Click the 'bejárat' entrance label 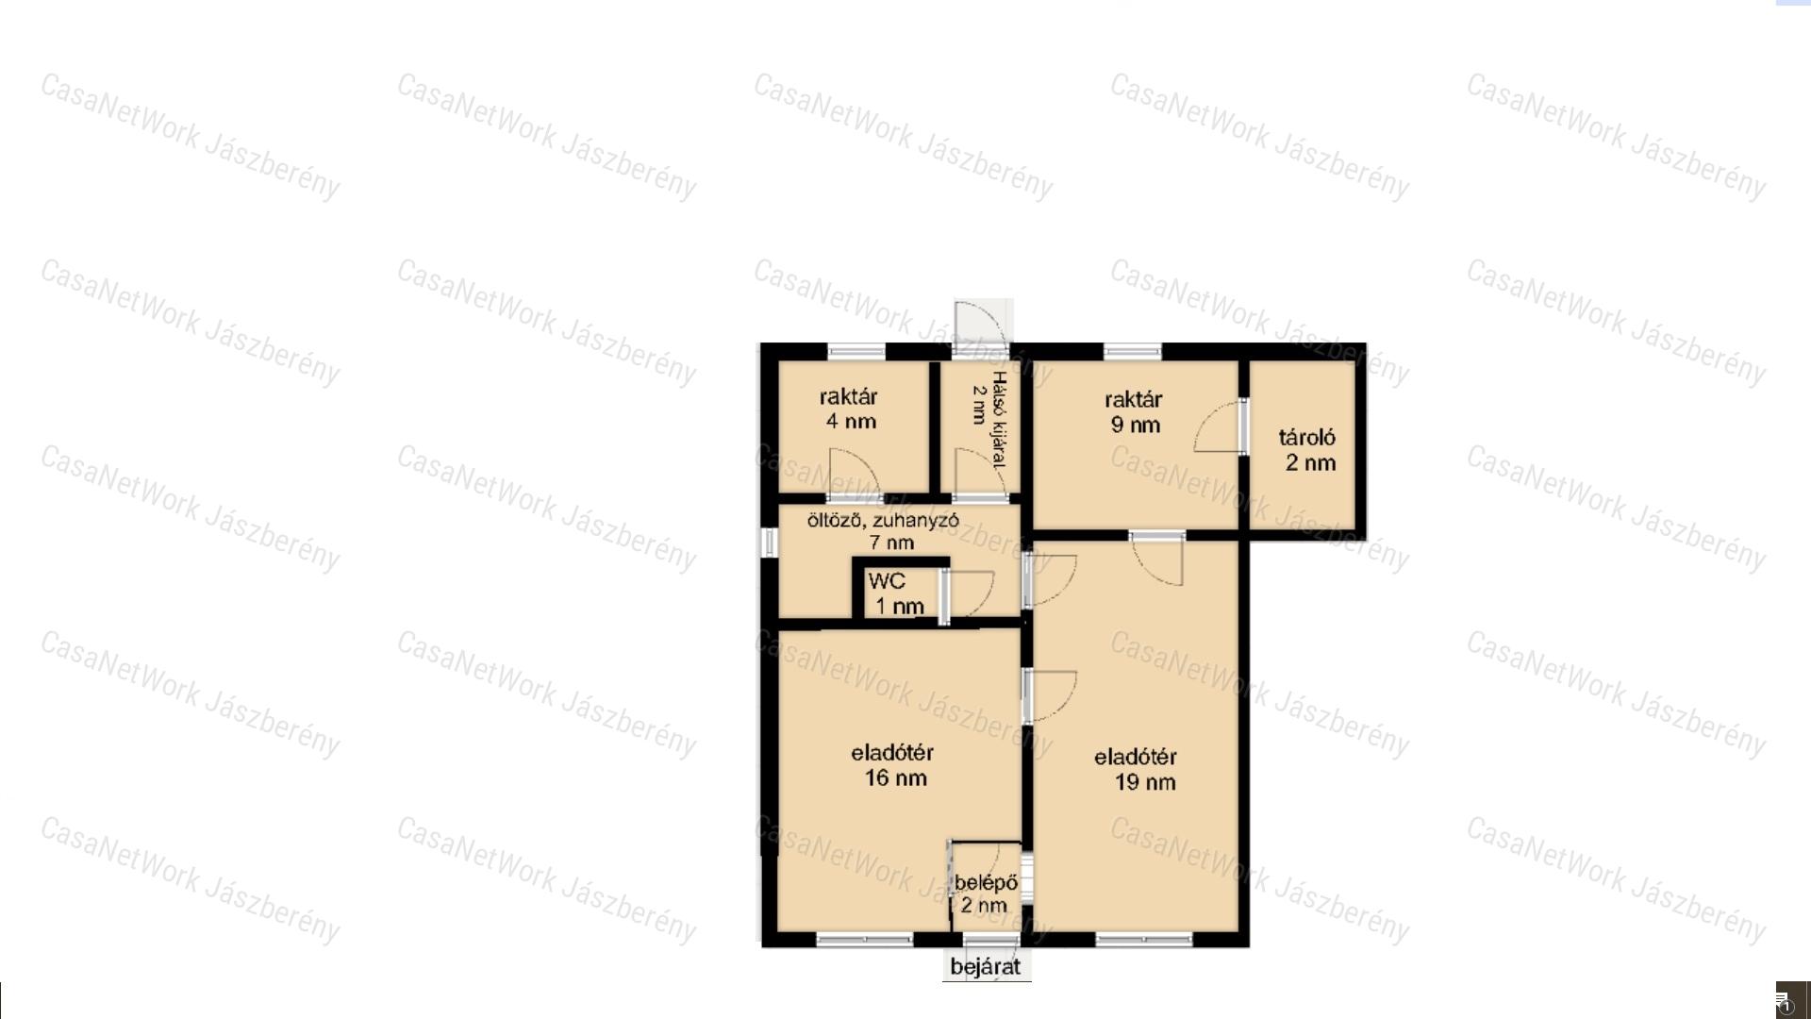(x=986, y=967)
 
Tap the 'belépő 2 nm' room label (x=986, y=894)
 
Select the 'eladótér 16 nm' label (x=893, y=765)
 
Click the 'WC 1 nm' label (x=894, y=593)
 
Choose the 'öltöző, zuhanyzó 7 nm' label (x=884, y=531)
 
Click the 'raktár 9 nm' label (x=1134, y=412)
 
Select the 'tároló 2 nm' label (x=1308, y=450)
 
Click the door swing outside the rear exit (x=981, y=326)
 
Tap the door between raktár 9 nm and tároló (x=1221, y=426)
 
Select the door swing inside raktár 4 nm (x=855, y=474)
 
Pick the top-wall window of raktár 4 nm (x=856, y=352)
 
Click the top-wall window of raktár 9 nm (x=1133, y=352)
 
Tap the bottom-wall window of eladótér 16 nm (x=864, y=939)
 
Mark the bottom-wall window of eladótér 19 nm (x=1144, y=939)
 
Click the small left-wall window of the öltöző (x=769, y=542)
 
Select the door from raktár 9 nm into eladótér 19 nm (x=1157, y=559)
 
